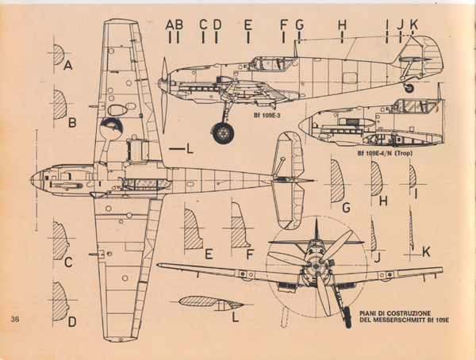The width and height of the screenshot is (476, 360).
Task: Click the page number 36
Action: (x=16, y=320)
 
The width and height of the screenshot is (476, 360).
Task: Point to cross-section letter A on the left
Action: (x=68, y=67)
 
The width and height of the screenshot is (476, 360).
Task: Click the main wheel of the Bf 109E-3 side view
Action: (x=225, y=132)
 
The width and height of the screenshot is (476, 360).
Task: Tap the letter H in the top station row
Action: (x=342, y=25)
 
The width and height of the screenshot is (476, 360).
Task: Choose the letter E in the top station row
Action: (x=248, y=25)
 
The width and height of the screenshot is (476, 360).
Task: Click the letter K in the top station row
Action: (x=413, y=25)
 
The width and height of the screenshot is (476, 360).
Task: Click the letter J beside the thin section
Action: (x=378, y=257)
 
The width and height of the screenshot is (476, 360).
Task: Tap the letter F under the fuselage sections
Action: (x=249, y=254)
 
